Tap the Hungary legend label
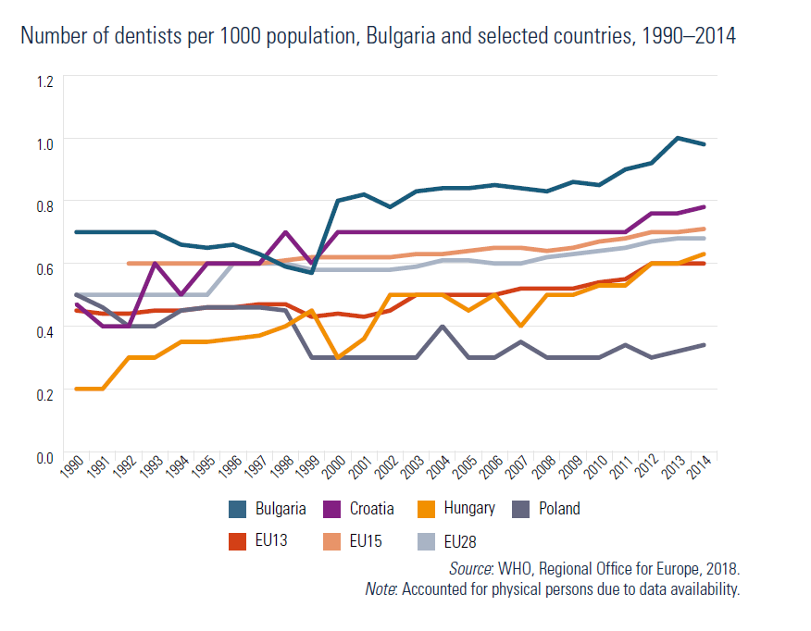(x=469, y=508)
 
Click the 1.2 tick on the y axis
(x=45, y=80)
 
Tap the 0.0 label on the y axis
(x=45, y=457)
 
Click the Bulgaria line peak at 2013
(x=679, y=138)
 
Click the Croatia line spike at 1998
(x=286, y=232)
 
